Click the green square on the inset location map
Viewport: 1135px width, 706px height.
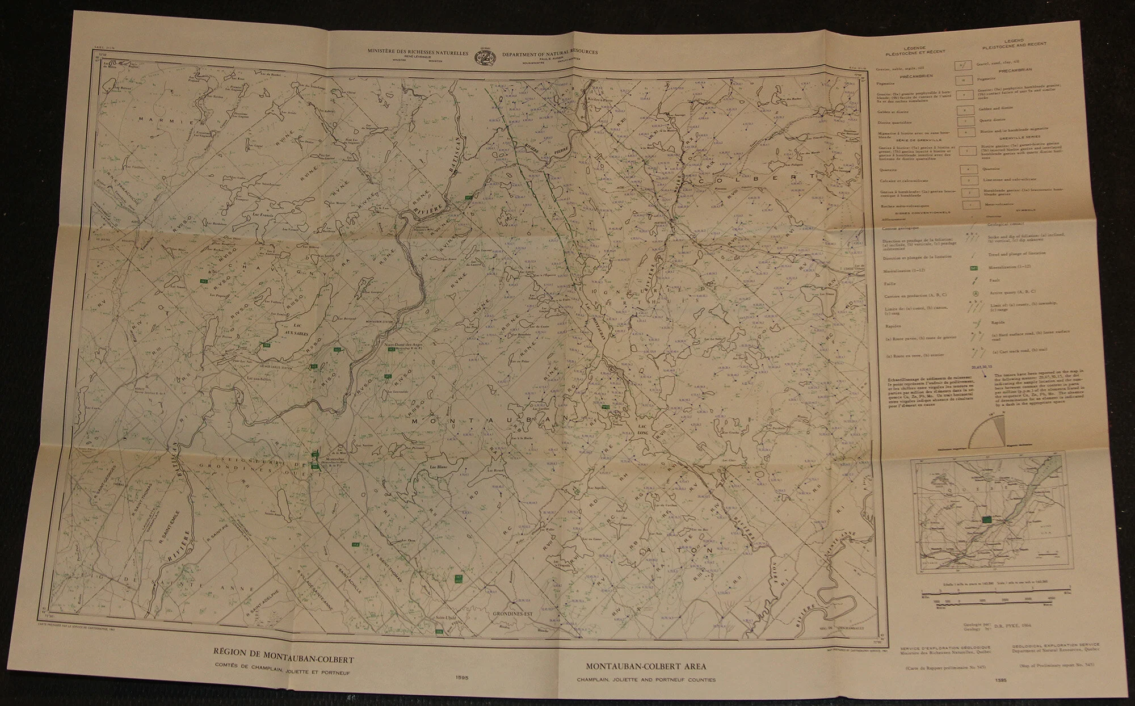click(987, 519)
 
